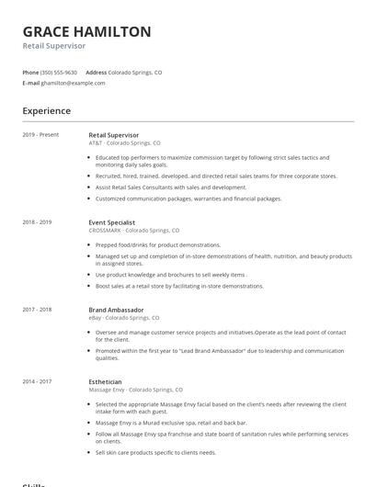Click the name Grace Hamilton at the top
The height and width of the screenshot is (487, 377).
tap(86, 31)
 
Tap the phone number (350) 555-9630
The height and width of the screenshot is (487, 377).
tap(59, 72)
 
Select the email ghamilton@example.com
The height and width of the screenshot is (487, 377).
tap(74, 83)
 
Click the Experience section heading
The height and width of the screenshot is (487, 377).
tap(47, 111)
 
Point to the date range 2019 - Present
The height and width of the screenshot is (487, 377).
tap(40, 135)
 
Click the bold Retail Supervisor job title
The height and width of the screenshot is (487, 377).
tap(114, 135)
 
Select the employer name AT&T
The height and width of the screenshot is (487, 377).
tap(96, 143)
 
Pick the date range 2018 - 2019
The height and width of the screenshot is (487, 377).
tap(37, 222)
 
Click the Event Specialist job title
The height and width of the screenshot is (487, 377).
tap(112, 222)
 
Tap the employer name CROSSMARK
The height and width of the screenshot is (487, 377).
tap(105, 231)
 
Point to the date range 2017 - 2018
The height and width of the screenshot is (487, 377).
tap(37, 310)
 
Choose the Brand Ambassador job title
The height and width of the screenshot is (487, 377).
tap(117, 310)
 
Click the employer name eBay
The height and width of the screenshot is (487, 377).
tap(96, 318)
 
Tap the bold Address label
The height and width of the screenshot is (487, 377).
tap(96, 72)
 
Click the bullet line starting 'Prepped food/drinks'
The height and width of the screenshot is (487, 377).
tap(158, 245)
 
